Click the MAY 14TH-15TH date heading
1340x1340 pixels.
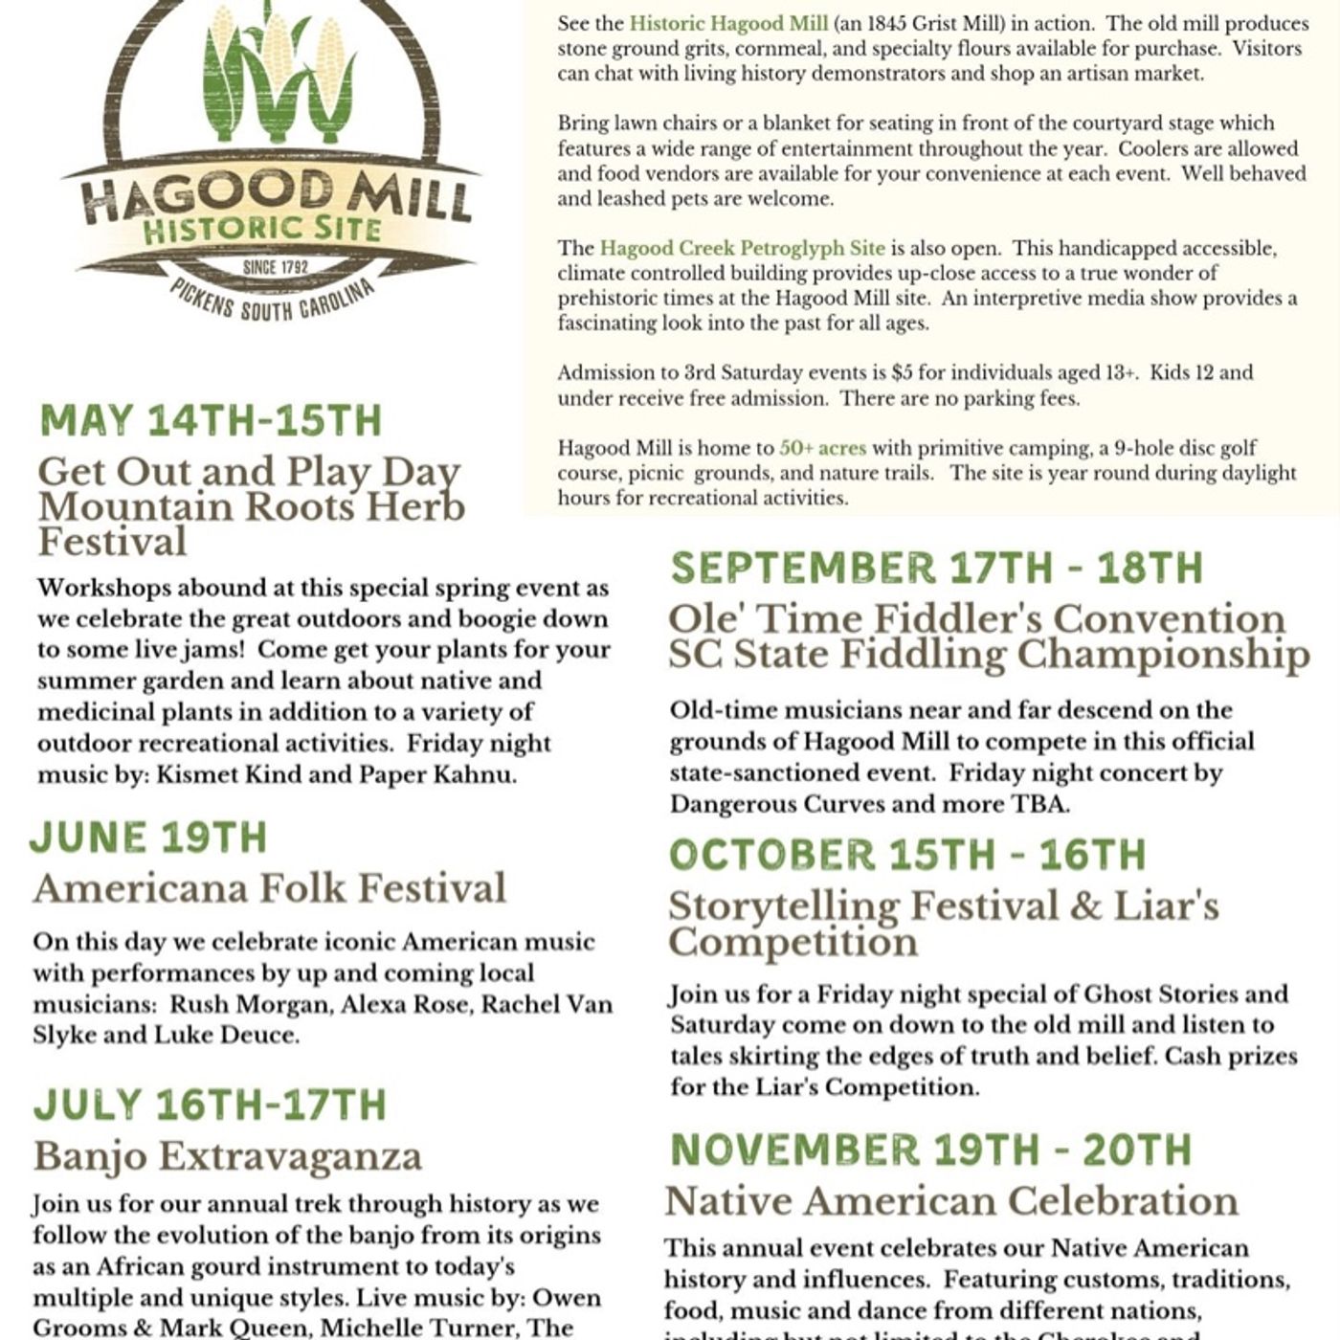(211, 421)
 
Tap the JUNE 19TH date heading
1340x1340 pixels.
(148, 837)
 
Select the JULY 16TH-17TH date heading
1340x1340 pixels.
(210, 1105)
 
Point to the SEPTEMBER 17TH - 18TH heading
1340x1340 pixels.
(936, 568)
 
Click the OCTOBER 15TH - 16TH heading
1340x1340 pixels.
(907, 855)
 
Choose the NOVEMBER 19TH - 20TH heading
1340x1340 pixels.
(930, 1150)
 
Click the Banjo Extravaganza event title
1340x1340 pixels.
(228, 1156)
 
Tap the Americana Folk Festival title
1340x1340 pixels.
(269, 888)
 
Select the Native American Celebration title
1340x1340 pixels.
(951, 1200)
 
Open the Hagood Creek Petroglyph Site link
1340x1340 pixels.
(742, 249)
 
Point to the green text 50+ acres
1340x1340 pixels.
(822, 448)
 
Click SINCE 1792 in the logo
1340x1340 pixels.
(276, 267)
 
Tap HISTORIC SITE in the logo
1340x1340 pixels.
(261, 229)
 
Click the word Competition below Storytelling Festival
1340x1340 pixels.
(793, 942)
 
